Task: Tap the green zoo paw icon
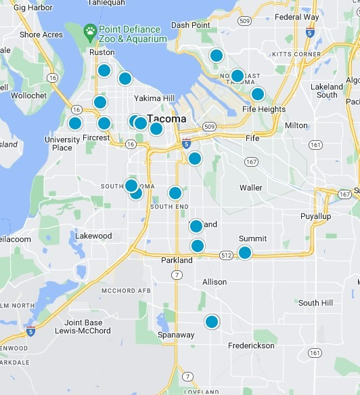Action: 89,31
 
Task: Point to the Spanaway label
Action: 176,335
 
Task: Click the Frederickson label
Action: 251,346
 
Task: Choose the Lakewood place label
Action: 93,236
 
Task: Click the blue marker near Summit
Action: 245,253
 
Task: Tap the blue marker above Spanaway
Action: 212,322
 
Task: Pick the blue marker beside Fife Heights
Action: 257,94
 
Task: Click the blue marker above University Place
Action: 75,123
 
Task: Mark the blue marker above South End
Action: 175,193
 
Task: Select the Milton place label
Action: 296,125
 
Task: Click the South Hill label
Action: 316,303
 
